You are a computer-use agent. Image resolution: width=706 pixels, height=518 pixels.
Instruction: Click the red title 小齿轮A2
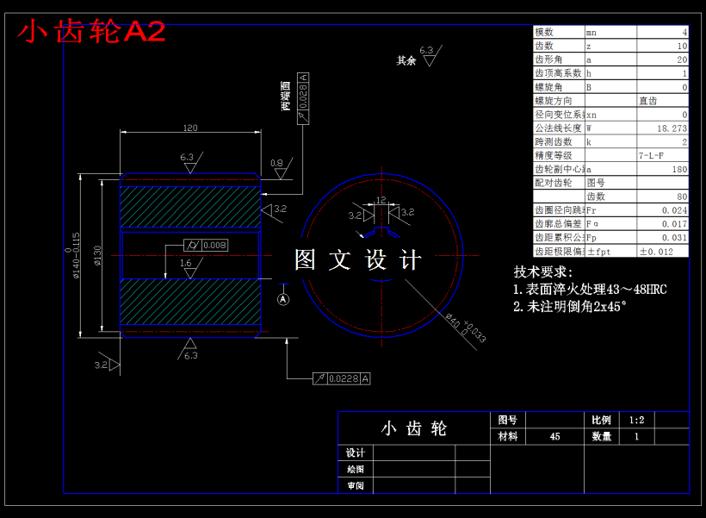[91, 32]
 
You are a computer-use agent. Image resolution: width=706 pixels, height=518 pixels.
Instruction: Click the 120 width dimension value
[190, 128]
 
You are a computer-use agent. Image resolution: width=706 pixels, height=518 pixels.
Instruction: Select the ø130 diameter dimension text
[97, 256]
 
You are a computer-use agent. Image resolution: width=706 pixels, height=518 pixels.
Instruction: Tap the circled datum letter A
[284, 298]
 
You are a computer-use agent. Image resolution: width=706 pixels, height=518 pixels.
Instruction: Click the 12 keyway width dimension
[381, 200]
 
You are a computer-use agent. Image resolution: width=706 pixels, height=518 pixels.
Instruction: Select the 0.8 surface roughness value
[276, 162]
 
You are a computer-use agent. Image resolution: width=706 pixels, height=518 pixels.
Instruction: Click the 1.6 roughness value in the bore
[186, 264]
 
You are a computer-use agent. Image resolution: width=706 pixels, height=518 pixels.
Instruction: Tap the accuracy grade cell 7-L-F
[651, 155]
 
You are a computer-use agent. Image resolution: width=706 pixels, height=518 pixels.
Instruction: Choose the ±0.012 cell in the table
[656, 251]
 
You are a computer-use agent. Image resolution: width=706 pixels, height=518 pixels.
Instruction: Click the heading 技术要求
[543, 271]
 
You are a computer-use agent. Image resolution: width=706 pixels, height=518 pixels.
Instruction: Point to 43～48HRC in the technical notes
[636, 289]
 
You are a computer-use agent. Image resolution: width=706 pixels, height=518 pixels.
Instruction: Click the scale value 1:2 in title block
[637, 420]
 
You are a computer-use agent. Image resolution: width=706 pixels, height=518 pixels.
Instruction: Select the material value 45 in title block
[554, 436]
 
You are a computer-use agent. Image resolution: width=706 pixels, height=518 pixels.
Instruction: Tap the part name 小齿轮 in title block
[414, 428]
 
